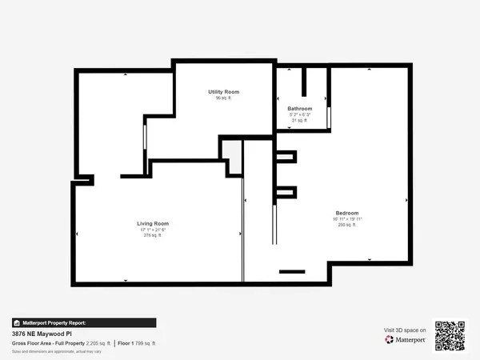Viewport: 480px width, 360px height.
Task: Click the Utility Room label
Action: click(223, 92)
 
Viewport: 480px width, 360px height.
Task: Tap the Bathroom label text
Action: click(300, 109)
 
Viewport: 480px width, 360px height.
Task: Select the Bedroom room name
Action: click(347, 213)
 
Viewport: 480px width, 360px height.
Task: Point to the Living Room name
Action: click(152, 223)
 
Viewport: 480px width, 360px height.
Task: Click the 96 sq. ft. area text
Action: click(223, 98)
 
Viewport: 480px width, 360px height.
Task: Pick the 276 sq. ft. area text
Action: click(152, 236)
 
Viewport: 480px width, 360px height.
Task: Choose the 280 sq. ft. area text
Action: click(347, 225)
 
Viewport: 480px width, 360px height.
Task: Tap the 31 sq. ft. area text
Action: click(300, 121)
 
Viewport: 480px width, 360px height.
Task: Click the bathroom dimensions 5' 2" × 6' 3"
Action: click(300, 115)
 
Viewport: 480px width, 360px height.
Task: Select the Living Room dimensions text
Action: click(152, 230)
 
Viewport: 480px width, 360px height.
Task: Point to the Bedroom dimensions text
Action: click(347, 219)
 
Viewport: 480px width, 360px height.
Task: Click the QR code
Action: click(450, 335)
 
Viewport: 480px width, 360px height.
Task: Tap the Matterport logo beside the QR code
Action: click(405, 339)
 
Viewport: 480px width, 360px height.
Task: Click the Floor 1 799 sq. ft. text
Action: click(138, 343)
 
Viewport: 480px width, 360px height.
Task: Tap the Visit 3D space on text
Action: click(405, 330)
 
